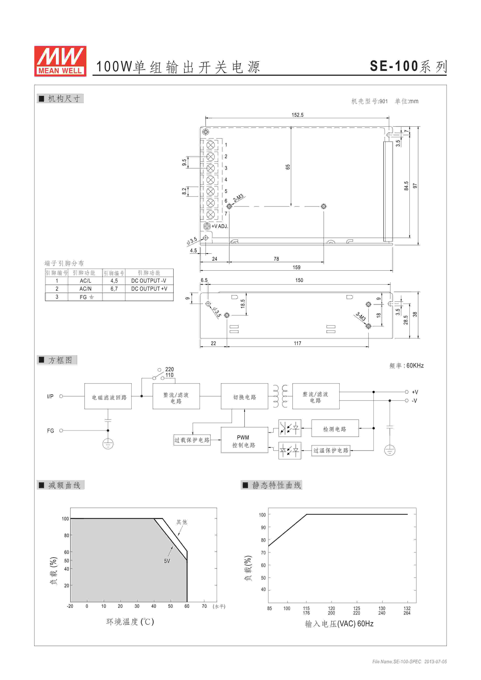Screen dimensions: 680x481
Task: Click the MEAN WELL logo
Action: coord(60,61)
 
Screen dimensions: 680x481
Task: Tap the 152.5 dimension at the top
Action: coord(297,115)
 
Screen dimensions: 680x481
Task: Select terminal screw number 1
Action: coord(210,145)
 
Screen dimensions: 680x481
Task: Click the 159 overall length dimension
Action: coord(296,268)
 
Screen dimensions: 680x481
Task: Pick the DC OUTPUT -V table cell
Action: coord(149,281)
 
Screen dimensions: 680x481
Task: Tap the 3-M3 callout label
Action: coord(361,317)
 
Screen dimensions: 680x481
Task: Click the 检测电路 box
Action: coord(335,429)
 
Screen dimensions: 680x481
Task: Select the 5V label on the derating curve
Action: coord(167,561)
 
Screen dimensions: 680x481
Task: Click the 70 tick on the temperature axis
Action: coord(204,606)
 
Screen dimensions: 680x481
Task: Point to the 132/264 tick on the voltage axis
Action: coord(407,611)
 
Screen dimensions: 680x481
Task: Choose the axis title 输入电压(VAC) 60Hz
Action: coord(339,624)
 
